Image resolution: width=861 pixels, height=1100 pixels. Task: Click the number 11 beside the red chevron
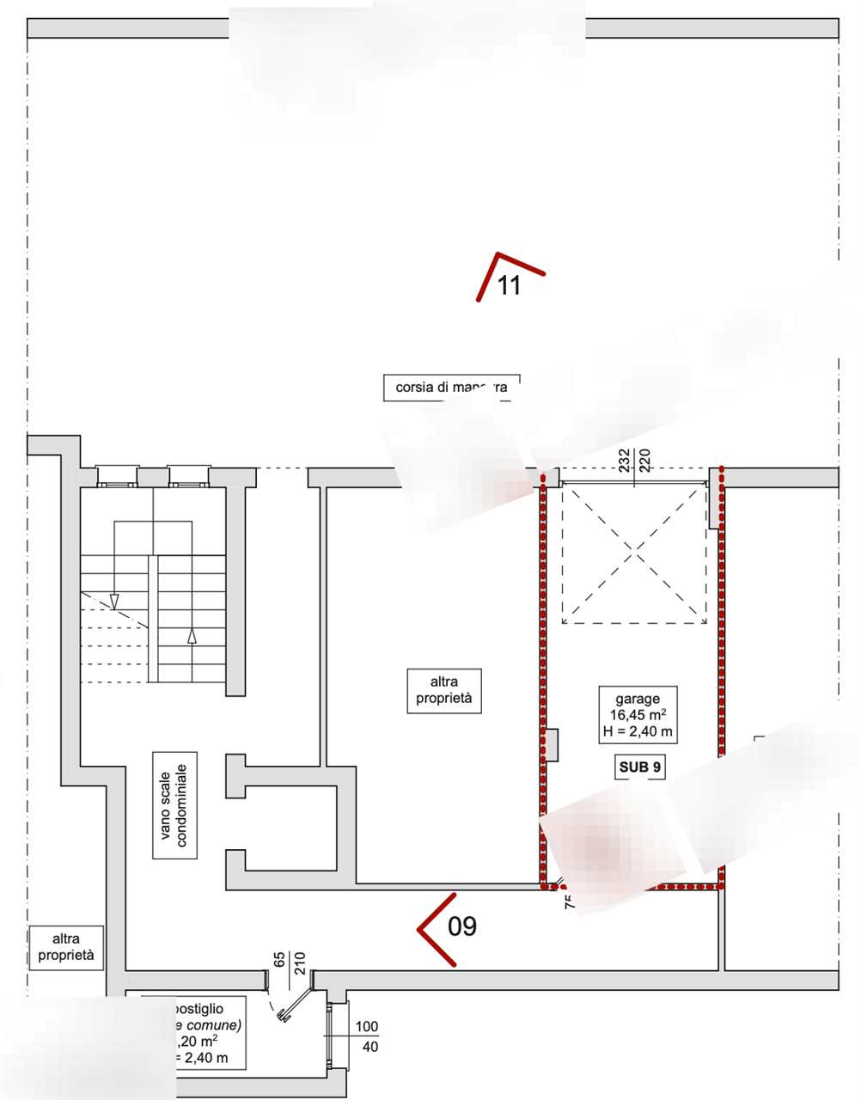pos(510,285)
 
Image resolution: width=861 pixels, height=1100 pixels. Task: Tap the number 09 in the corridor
pos(462,926)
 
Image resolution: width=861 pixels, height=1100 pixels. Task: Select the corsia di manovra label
pos(451,388)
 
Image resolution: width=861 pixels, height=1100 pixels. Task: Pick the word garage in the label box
pos(637,699)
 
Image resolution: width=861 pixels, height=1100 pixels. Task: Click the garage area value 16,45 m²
pos(637,715)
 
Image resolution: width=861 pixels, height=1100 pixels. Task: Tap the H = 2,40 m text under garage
pos(637,732)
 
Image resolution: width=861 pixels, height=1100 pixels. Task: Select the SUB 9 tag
pos(640,767)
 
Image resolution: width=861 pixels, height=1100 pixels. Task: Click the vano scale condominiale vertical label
pos(174,805)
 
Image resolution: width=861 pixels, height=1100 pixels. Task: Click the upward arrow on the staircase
pos(192,636)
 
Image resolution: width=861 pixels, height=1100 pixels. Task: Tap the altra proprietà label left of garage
pos(443,691)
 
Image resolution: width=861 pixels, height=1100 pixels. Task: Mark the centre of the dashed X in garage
pos(634,552)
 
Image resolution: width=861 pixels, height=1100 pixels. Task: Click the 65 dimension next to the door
pos(279,959)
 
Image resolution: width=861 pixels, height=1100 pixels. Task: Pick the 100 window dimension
pos(367,1026)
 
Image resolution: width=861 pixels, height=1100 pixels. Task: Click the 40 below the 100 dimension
pos(370,1047)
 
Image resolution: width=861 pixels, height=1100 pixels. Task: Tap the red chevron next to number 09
pos(436,929)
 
